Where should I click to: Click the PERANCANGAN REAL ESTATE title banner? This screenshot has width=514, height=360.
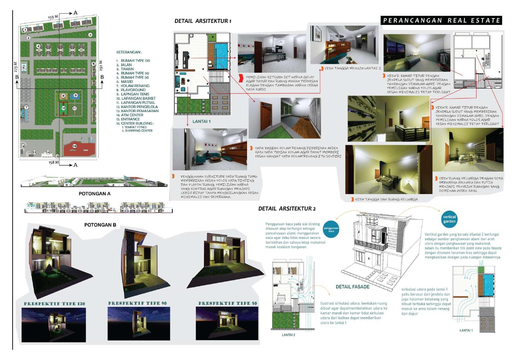pos(441,20)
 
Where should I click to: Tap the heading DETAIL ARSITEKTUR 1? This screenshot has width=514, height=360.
pos(203,21)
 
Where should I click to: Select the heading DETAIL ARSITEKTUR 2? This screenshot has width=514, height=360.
pos(287,209)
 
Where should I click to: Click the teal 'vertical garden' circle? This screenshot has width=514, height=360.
pos(449,219)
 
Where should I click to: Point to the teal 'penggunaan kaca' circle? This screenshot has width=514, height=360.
pos(331,229)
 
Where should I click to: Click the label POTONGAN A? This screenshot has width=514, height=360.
pos(94,194)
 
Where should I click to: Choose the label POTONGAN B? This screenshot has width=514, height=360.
pos(100,225)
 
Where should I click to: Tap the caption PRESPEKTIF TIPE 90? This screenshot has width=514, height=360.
pos(137,303)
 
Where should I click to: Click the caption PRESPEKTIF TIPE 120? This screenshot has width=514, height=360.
pos(55,304)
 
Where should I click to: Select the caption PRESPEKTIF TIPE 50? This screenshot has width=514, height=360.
pos(227,303)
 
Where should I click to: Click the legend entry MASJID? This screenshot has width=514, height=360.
pos(127,81)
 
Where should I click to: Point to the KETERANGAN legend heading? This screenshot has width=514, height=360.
pos(129,52)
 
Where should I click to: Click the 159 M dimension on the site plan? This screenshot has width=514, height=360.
pos(53,17)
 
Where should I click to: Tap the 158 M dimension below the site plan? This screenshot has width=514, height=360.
pos(54,162)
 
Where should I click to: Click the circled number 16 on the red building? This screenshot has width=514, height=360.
pos(74,146)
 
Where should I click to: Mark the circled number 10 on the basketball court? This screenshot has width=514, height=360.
pos(63,108)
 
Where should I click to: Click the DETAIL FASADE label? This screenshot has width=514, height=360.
pos(352,287)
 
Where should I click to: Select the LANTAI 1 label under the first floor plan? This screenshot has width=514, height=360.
pos(201,121)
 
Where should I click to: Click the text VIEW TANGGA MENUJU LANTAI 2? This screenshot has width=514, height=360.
pos(353,68)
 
